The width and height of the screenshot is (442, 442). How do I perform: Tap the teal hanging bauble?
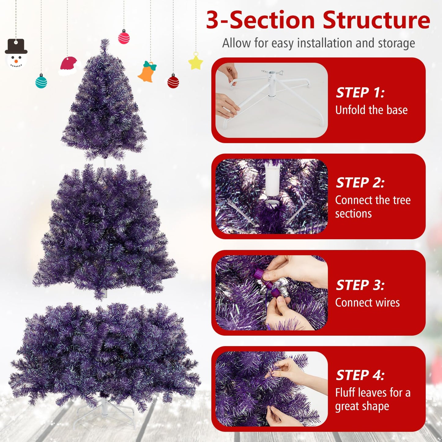(x=41, y=81)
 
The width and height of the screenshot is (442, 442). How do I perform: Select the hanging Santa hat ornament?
(x=69, y=66)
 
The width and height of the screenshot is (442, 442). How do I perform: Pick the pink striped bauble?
(x=124, y=37)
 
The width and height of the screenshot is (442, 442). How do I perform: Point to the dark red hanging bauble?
(x=173, y=82)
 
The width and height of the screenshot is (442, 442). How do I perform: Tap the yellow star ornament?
(x=196, y=62)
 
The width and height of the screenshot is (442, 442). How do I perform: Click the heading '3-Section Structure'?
(x=318, y=20)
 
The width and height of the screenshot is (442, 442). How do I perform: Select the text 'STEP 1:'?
(x=360, y=93)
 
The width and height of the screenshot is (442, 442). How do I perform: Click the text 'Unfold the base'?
(x=371, y=110)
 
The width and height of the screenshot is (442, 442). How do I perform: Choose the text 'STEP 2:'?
(x=360, y=183)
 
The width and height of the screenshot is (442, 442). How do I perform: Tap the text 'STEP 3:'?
(x=360, y=285)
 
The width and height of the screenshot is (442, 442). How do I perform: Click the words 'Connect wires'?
(x=367, y=303)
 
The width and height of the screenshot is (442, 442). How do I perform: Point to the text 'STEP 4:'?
(x=360, y=375)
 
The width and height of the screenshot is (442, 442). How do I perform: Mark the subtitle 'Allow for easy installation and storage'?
(x=318, y=43)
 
